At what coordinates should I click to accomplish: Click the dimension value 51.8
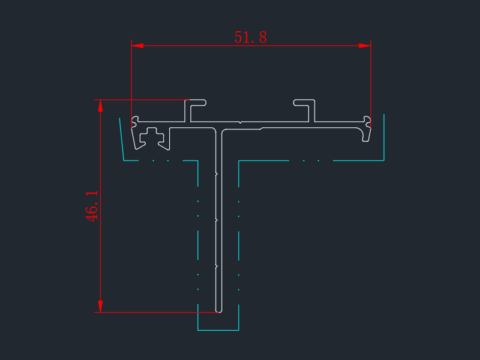pyautogui.click(x=250, y=37)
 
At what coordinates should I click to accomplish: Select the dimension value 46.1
pyautogui.click(x=92, y=206)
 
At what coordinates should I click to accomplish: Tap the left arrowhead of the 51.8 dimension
pyautogui.click(x=137, y=46)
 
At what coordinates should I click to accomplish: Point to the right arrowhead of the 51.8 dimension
pyautogui.click(x=365, y=46)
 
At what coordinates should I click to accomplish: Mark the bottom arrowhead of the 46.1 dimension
pyautogui.click(x=100, y=306)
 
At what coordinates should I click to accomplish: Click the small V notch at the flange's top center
pyautogui.click(x=240, y=122)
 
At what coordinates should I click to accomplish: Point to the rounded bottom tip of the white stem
pyautogui.click(x=218, y=311)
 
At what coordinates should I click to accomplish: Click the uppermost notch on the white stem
pyautogui.click(x=215, y=175)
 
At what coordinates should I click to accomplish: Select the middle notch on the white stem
pyautogui.click(x=215, y=221)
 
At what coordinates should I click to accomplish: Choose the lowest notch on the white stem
pyautogui.click(x=215, y=265)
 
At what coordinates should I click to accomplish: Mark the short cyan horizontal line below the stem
pyautogui.click(x=218, y=330)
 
